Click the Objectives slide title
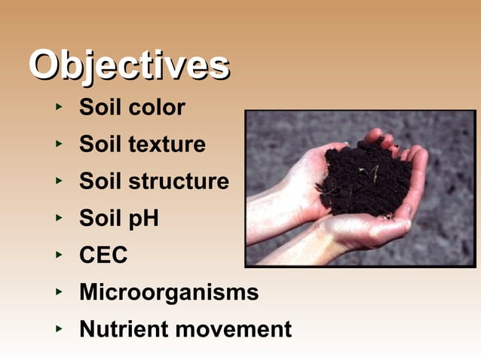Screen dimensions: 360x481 [x=129, y=66]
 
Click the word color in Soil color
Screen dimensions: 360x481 [x=157, y=108]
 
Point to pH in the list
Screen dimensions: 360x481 [x=142, y=219]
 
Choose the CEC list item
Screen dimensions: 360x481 [x=103, y=255]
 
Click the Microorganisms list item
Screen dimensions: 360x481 [x=169, y=292]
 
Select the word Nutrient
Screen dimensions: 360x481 [x=124, y=329]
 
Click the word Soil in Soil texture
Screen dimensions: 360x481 [x=101, y=145]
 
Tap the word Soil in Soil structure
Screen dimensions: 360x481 [x=101, y=182]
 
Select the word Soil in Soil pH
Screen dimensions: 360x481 [x=101, y=218]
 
